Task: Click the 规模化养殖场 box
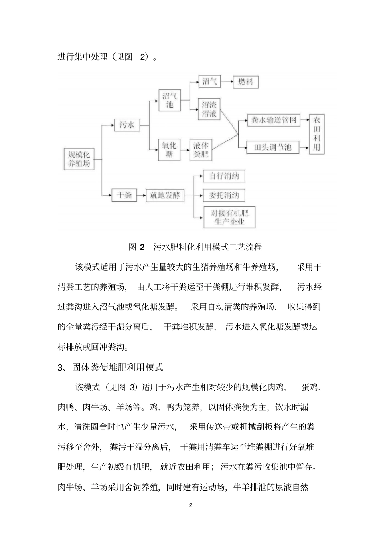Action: click(x=79, y=159)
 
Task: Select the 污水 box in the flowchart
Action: click(x=127, y=125)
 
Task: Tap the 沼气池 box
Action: click(x=170, y=100)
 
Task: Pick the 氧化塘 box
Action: click(x=169, y=149)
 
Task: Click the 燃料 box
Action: click(x=246, y=82)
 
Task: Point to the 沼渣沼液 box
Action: click(x=209, y=109)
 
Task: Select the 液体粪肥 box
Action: click(x=201, y=149)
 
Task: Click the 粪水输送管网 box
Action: click(x=274, y=120)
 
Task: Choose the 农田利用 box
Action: click(x=317, y=134)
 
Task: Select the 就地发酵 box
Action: click(x=165, y=195)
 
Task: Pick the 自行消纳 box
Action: click(x=224, y=176)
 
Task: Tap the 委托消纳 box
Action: click(x=224, y=195)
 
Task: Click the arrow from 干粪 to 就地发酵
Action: click(x=141, y=195)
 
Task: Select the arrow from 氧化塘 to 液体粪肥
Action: click(x=184, y=149)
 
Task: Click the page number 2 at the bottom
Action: click(x=190, y=505)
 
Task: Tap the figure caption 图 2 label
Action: click(x=136, y=247)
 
